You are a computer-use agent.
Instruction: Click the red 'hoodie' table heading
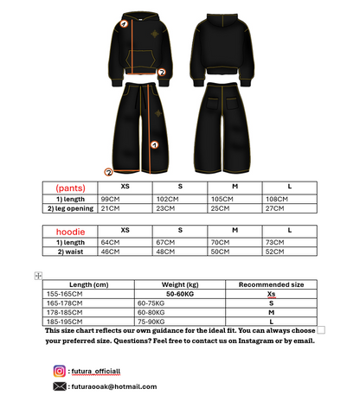[71, 233]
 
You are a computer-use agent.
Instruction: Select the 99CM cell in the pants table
[109, 198]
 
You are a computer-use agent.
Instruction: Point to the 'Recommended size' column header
[271, 284]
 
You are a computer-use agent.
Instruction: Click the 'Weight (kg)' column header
[180, 284]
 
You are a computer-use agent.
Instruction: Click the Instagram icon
[60, 371]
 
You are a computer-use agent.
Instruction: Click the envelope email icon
[60, 387]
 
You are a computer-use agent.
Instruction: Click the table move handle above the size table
[37, 275]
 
